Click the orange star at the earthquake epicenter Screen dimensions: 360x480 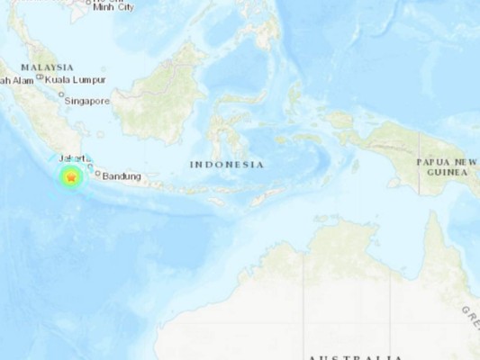(x=70, y=179)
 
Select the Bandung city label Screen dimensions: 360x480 (x=122, y=175)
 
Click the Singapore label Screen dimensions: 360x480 (x=86, y=101)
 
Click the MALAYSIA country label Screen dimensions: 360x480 (x=48, y=67)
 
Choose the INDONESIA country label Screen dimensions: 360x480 (x=227, y=165)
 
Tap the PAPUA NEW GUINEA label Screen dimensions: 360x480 (x=446, y=166)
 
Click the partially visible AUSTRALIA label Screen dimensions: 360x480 (x=355, y=356)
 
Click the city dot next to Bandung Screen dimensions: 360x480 (x=97, y=174)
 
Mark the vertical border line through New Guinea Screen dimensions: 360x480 (x=419, y=162)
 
